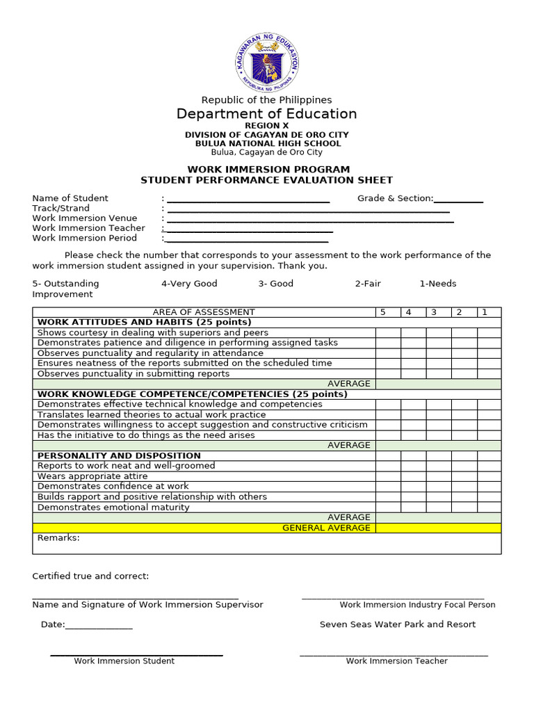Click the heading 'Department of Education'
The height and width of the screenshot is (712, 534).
[x=266, y=114]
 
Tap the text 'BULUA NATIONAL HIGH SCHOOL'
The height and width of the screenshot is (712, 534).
[x=266, y=143]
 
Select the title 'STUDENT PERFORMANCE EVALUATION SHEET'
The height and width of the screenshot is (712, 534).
[x=266, y=180]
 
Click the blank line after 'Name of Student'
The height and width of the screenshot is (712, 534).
[x=248, y=200]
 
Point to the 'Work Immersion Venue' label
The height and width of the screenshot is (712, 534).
[x=85, y=218]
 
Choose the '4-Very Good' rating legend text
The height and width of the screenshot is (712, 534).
[x=189, y=284]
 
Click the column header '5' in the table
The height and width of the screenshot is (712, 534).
[x=382, y=312]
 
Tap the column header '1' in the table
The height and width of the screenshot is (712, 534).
[x=485, y=312]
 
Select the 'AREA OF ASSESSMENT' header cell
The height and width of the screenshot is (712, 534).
[x=204, y=312]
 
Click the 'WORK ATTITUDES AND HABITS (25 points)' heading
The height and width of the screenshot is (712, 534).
[x=144, y=322]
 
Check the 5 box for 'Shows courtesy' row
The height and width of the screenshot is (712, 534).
[x=388, y=332]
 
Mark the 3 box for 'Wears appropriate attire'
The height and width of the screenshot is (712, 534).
[x=439, y=476]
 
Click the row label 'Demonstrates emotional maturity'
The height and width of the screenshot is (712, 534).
[x=113, y=507]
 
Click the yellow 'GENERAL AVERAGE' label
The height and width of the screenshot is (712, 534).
[x=326, y=528]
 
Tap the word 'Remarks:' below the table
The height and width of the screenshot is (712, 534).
[x=58, y=537]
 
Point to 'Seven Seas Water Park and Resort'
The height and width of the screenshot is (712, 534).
[x=398, y=624]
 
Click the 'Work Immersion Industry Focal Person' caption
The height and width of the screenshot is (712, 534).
[x=417, y=605]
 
